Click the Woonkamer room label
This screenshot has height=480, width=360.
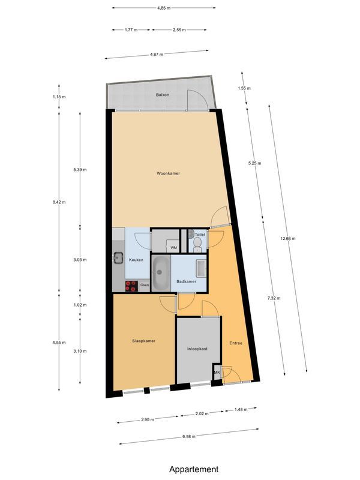[169, 173]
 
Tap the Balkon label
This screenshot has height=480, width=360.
[162, 95]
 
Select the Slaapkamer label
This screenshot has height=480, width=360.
[144, 341]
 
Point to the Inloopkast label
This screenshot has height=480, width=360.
[197, 349]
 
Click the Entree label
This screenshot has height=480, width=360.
[236, 343]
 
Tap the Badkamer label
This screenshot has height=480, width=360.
[186, 281]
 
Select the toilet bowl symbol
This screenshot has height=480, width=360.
[197, 243]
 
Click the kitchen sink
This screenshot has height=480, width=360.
[116, 259]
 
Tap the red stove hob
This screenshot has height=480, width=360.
[131, 286]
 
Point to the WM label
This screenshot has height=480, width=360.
[173, 248]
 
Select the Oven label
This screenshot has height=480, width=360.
[144, 286]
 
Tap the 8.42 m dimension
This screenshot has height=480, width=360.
[59, 203]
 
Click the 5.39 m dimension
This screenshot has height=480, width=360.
[80, 170]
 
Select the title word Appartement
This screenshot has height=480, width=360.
[194, 469]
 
